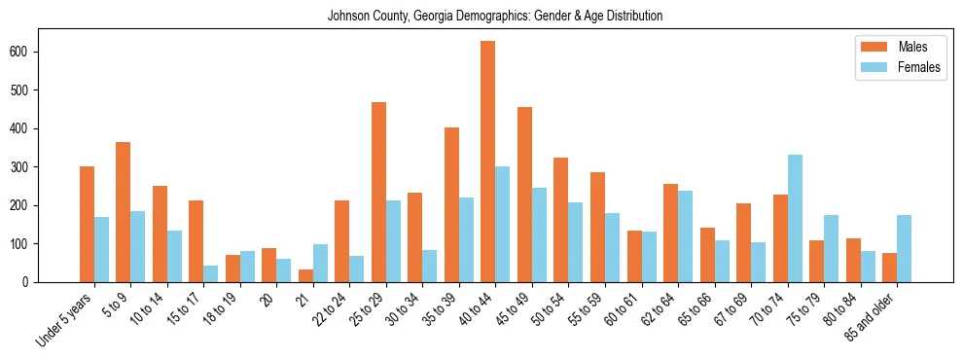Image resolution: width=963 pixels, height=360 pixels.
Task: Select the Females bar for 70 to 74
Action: click(x=795, y=219)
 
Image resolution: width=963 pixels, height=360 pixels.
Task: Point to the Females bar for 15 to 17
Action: click(x=211, y=273)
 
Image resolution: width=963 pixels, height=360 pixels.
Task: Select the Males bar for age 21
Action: click(x=305, y=275)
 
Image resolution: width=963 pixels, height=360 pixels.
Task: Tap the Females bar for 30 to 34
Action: click(x=430, y=266)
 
